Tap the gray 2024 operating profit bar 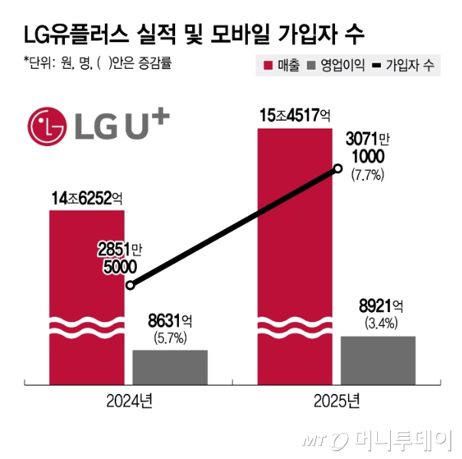pos(170,365)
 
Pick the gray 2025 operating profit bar pos(378,358)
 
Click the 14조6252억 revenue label pos(85,198)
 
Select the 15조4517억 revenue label pos(294,116)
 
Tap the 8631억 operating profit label pos(170,318)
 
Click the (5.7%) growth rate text pos(170,336)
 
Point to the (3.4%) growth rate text pos(378,323)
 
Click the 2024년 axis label pos(129,399)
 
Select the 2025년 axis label pos(337,399)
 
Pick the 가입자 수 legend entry pos(404,65)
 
